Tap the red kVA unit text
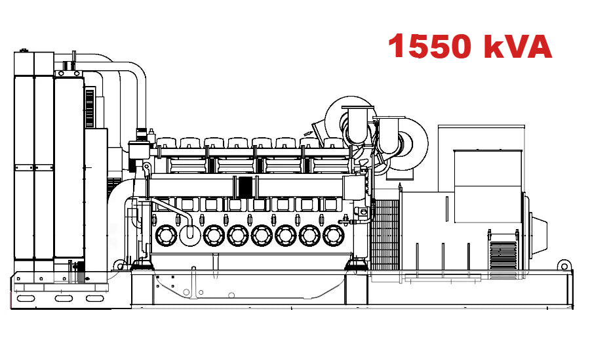[x=519, y=47]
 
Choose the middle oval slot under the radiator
[x=64, y=299]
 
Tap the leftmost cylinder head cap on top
[x=166, y=142]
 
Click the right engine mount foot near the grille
[x=357, y=266]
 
